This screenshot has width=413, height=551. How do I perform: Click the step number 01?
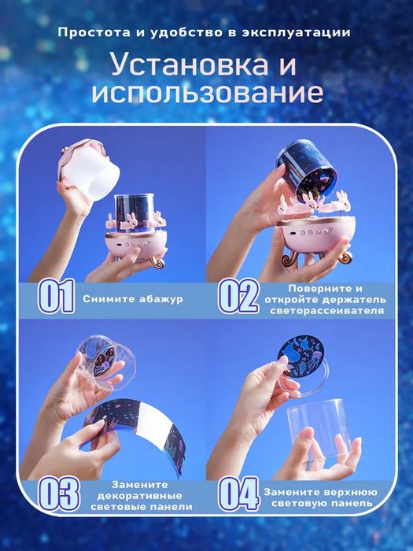point(57,297)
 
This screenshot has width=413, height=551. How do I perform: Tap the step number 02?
point(238,297)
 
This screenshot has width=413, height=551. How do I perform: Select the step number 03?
point(58,494)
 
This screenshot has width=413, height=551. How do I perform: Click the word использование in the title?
point(207,92)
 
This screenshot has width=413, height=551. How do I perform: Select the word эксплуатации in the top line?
point(308,33)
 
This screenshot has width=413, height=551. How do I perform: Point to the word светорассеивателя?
point(325,311)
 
